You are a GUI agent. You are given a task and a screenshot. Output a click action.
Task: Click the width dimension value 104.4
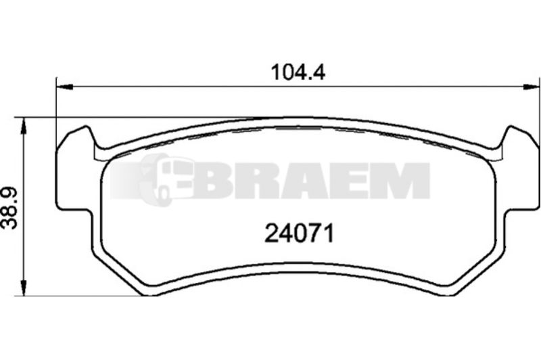click(x=298, y=72)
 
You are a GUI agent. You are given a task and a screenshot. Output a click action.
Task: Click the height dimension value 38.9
click(x=9, y=208)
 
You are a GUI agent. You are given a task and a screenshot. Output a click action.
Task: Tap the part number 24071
click(x=299, y=233)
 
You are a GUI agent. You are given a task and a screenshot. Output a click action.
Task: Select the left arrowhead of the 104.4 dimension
click(x=64, y=87)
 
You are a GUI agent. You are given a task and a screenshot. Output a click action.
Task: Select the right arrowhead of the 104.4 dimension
click(x=531, y=87)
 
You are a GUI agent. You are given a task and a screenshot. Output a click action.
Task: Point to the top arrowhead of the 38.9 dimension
click(x=23, y=126)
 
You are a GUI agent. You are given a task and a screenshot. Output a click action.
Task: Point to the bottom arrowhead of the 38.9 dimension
click(x=23, y=287)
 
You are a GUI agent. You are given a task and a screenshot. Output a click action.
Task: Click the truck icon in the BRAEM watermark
click(x=166, y=179)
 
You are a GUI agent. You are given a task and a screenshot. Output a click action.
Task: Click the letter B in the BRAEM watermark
click(x=211, y=181)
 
